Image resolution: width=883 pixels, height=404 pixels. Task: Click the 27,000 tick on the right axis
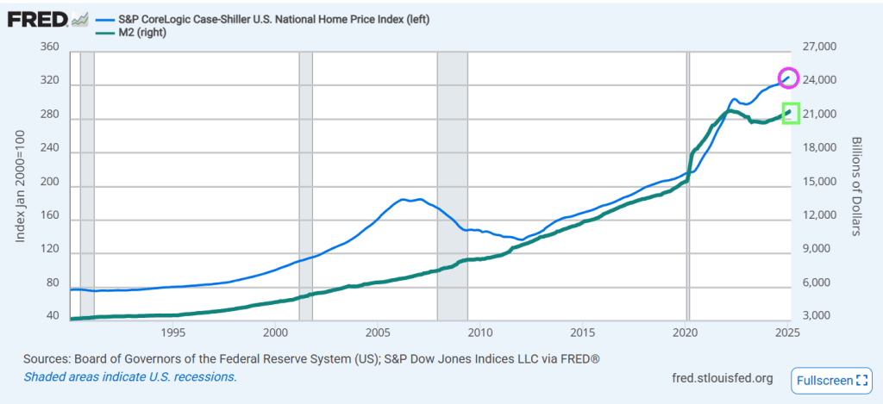tap(823, 47)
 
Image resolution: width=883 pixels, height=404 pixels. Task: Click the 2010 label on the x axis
tap(480, 333)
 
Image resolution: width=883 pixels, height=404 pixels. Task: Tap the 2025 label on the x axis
tap(786, 333)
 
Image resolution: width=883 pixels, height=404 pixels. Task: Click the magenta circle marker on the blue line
tap(789, 78)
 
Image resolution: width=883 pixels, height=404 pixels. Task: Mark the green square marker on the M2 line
tap(791, 113)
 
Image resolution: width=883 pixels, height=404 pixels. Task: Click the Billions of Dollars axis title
tap(857, 185)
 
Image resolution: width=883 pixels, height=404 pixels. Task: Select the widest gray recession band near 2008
tap(452, 185)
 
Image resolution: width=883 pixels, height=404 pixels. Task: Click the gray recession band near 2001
tap(305, 185)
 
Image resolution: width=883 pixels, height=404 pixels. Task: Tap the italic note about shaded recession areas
tap(130, 376)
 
